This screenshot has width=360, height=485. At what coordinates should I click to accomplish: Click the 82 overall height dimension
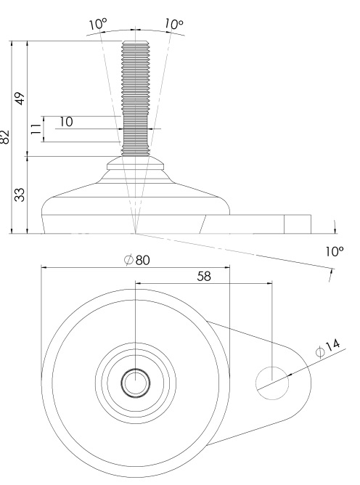tap(5, 136)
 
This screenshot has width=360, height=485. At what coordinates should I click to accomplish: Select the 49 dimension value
tap(20, 99)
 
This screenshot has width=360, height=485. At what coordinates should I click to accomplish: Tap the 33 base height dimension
tap(20, 195)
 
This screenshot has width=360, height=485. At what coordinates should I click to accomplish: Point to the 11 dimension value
tap(36, 129)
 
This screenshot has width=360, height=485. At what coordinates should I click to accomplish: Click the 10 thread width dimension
tap(66, 122)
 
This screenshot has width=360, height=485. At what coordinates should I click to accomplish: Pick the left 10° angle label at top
tap(98, 24)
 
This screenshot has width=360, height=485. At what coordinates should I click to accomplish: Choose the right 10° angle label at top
tap(173, 24)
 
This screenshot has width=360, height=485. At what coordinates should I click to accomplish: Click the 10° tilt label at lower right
tap(335, 251)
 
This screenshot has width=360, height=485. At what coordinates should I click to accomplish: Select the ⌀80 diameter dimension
tap(137, 260)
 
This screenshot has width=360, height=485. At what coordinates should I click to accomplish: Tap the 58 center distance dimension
tap(204, 276)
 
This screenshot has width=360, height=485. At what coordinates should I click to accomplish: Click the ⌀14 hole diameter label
tap(327, 348)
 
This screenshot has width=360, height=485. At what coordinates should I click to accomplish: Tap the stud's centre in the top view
tap(136, 383)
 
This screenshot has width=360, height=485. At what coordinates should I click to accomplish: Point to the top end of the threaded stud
tap(136, 41)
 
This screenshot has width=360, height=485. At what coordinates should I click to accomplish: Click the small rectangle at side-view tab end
tap(298, 224)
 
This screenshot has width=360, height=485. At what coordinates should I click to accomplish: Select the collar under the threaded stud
tap(136, 163)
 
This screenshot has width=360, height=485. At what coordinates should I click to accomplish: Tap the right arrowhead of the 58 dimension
tap(270, 282)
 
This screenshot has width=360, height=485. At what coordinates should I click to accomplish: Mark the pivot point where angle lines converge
tap(136, 233)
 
